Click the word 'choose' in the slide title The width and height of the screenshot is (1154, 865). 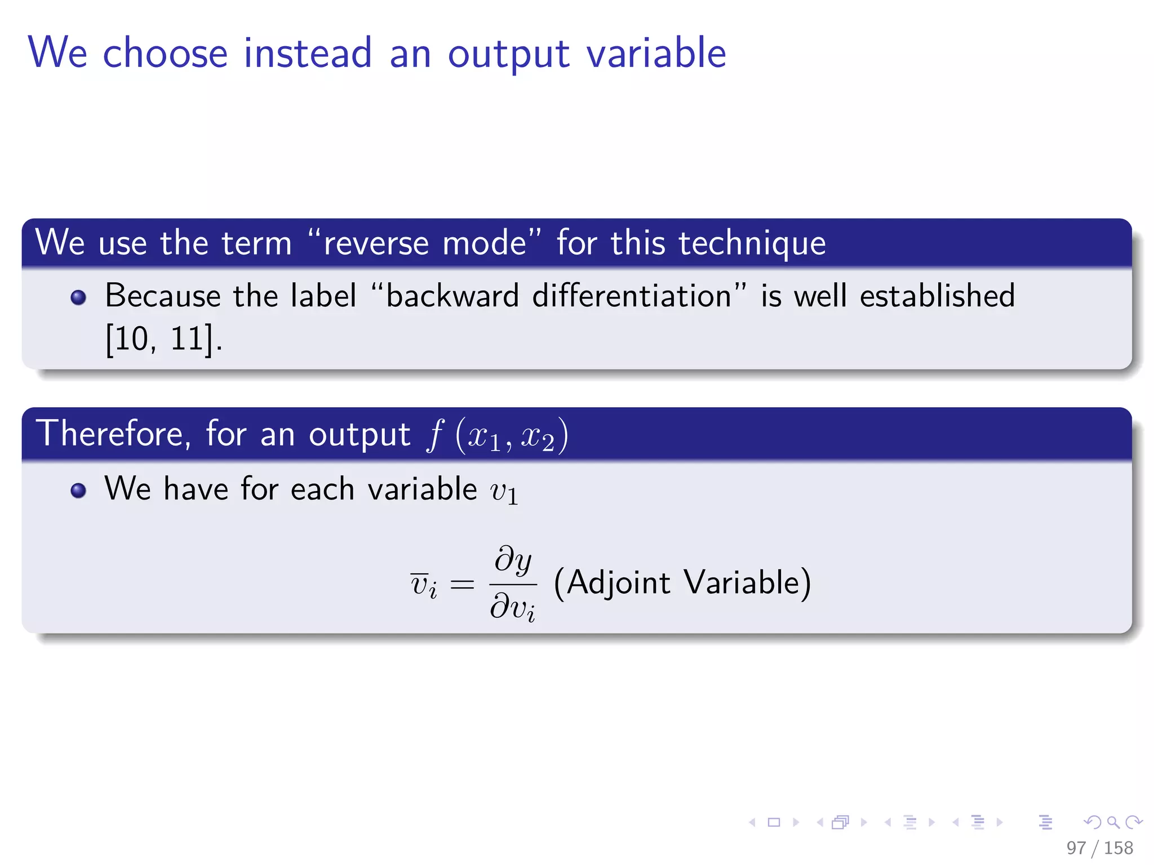[x=165, y=53]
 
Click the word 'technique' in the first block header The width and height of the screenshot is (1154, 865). [x=752, y=243]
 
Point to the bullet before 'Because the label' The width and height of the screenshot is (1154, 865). [x=78, y=297]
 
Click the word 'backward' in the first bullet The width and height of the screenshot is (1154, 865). [x=452, y=296]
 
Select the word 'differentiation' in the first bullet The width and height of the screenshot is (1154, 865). [x=632, y=296]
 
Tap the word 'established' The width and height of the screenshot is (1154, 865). [x=937, y=296]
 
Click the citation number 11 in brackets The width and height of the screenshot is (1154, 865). [x=187, y=339]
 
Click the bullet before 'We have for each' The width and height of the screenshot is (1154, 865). [x=78, y=490]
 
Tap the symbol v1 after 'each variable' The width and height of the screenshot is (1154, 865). [x=504, y=491]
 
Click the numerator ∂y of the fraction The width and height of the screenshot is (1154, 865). [x=513, y=560]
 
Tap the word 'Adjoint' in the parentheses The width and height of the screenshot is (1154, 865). [x=618, y=582]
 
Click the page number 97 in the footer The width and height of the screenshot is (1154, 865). [x=1076, y=848]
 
